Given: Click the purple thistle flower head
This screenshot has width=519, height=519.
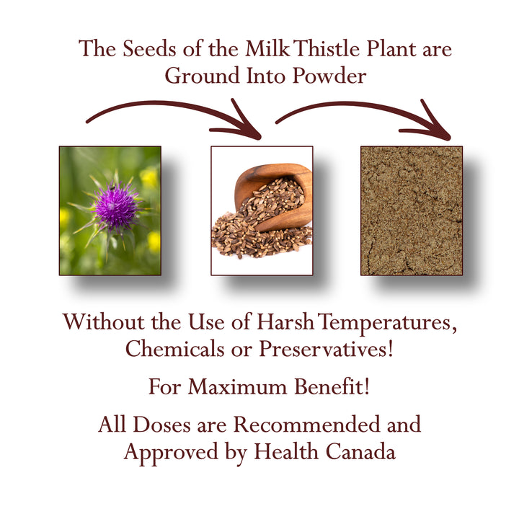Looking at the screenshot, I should point(115,205).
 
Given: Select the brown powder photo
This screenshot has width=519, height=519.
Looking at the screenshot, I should point(412,210).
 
